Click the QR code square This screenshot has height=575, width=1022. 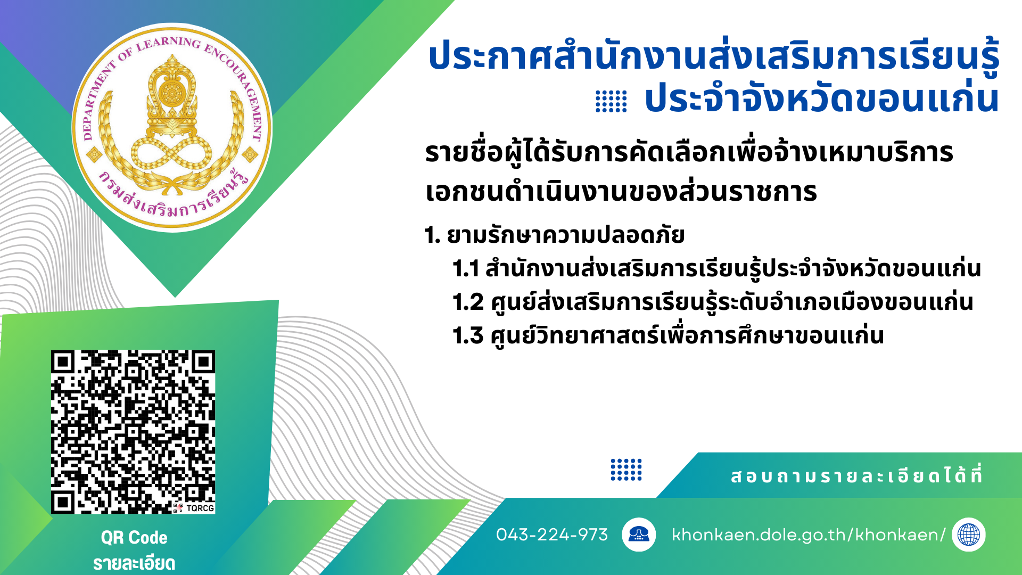coord(133,432)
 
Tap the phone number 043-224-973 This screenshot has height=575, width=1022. coord(552,535)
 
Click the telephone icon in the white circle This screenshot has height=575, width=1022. coord(639,534)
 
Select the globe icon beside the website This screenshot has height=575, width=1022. coord(969,535)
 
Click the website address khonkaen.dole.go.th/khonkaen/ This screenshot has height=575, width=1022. coord(809,535)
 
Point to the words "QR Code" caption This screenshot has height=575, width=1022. coord(134,538)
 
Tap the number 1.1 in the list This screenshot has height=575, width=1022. coord(466,269)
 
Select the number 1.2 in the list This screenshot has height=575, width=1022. coord(468,302)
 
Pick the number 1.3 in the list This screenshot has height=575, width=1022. coord(468,336)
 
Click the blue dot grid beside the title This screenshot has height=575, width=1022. coord(611,101)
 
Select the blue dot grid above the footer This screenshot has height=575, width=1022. coord(626,470)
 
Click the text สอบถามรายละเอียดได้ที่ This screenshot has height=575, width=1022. coord(856,475)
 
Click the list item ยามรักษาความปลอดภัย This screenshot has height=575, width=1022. coord(566,235)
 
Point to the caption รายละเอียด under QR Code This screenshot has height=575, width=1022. coord(134,563)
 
